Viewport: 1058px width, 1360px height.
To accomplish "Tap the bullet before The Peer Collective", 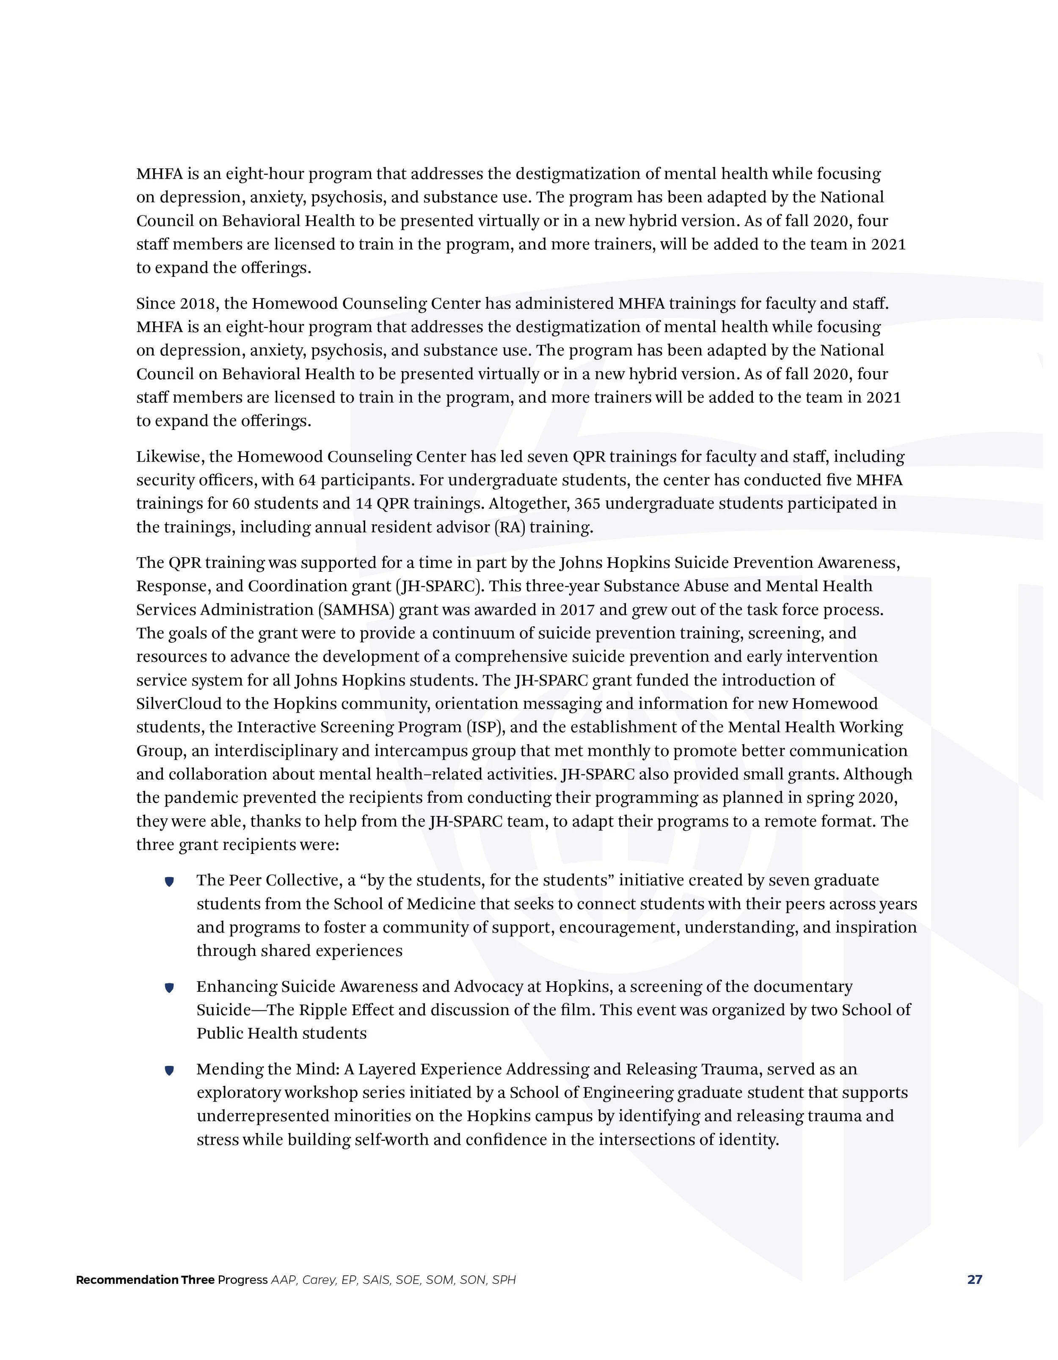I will tap(169, 882).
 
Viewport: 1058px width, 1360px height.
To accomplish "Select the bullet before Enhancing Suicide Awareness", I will tap(169, 988).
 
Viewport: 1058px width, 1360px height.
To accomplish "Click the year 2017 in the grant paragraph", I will tap(577, 610).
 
